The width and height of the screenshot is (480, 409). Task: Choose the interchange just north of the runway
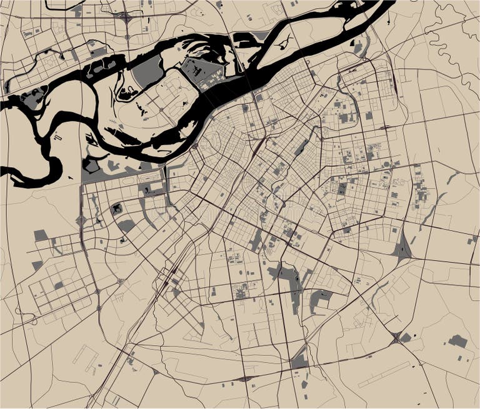coord(396,338)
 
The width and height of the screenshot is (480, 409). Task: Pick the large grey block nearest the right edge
coord(457,341)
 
